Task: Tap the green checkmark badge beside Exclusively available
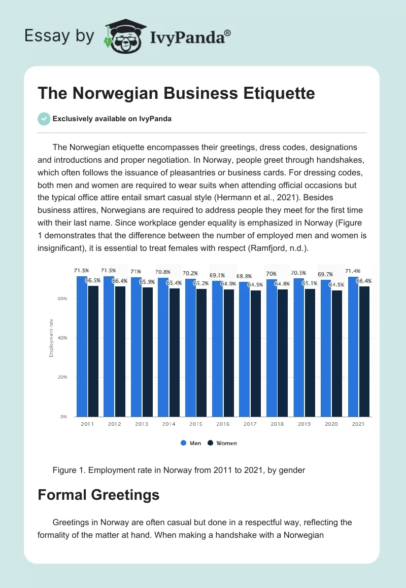coord(44,119)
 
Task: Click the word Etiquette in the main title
coord(272,93)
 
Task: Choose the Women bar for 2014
coord(174,352)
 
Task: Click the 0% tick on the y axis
coord(63,417)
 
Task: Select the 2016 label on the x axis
coord(223,424)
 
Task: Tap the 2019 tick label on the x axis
coord(304,424)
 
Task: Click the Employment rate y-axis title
coord(51,337)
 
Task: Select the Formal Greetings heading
coord(98,495)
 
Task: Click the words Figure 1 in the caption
coord(69,470)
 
